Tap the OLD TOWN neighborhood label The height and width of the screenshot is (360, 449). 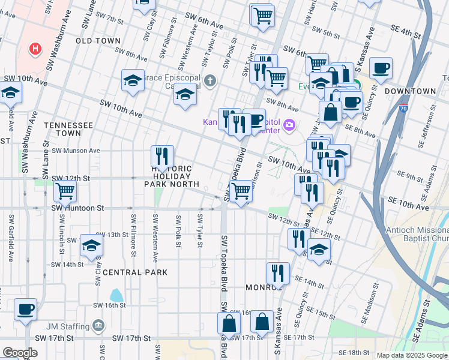pyautogui.click(x=99, y=40)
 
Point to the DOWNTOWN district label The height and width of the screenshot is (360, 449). pyautogui.click(x=411, y=91)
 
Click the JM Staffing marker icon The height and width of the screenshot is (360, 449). pyautogui.click(x=98, y=326)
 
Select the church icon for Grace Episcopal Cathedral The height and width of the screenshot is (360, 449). pyautogui.click(x=209, y=80)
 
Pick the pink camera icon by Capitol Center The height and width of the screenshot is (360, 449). pyautogui.click(x=289, y=125)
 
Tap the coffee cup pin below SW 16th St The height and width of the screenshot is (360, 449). pyautogui.click(x=26, y=309)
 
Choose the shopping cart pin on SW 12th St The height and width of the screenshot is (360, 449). pyautogui.click(x=64, y=191)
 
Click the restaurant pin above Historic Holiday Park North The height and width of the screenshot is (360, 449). pyautogui.click(x=162, y=156)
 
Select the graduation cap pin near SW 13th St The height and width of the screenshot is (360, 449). pyautogui.click(x=91, y=245)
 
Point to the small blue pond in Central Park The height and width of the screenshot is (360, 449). pyautogui.click(x=116, y=295)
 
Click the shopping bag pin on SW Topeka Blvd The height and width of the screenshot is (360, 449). pyautogui.click(x=229, y=323)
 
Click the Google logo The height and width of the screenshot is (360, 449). pyautogui.click(x=20, y=353)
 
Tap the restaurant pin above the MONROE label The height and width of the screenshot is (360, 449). pyautogui.click(x=278, y=273)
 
